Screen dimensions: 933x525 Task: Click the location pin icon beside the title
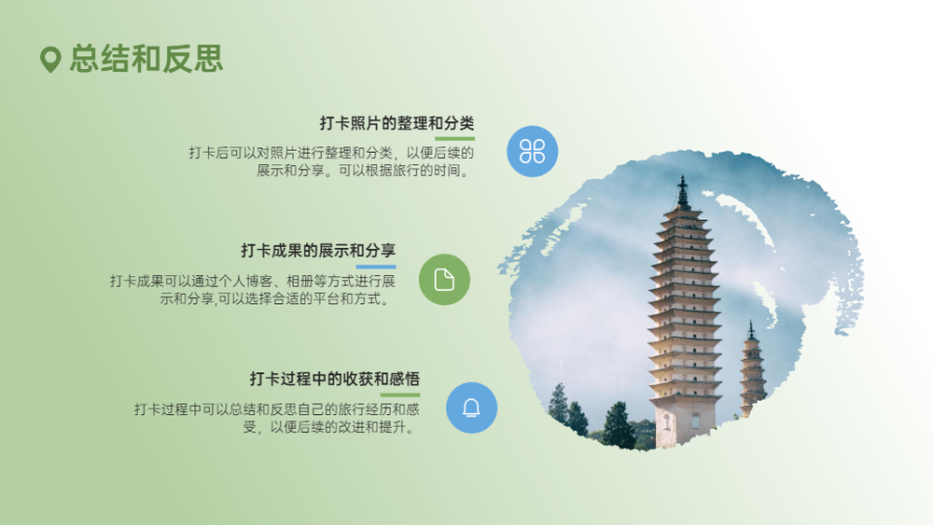click(50, 60)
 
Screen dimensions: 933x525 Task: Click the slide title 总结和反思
click(146, 59)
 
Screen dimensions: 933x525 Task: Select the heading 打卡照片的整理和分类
click(397, 123)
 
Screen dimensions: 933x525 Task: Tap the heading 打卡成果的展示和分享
click(318, 250)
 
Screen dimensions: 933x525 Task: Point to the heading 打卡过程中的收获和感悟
click(335, 379)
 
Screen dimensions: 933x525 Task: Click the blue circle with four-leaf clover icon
click(533, 151)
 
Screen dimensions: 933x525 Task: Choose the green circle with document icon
click(444, 280)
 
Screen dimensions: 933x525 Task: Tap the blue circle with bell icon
click(472, 408)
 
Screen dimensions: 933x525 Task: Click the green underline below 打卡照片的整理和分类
click(455, 139)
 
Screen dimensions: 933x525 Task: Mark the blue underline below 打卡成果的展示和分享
click(376, 267)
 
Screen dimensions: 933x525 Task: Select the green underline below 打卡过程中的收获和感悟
click(400, 394)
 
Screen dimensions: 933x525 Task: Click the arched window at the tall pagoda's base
click(696, 421)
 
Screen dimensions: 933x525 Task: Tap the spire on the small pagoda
click(751, 329)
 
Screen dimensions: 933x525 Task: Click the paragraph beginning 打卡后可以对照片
click(331, 161)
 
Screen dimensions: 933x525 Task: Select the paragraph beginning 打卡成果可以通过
click(253, 290)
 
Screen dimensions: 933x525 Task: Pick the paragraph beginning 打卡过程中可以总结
click(277, 418)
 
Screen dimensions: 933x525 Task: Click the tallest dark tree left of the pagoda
click(618, 424)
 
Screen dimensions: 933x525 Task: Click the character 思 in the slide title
click(208, 59)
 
